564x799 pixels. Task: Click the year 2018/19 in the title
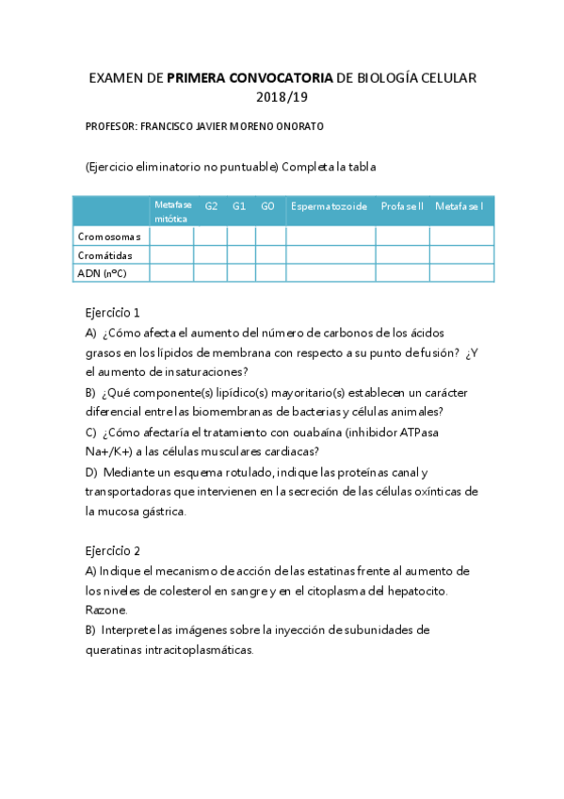point(282,96)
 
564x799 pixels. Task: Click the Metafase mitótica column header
point(172,211)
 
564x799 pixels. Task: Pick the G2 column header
point(211,205)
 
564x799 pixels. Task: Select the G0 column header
point(270,205)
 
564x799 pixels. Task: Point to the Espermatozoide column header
point(330,205)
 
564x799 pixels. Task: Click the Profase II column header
point(402,205)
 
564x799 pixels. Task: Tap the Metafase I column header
point(460,205)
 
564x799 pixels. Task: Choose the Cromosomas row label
point(110,236)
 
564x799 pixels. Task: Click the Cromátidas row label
point(106,255)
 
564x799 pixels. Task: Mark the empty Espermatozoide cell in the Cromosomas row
point(330,236)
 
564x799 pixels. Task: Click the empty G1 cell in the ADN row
point(241,273)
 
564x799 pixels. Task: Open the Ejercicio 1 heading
point(112,313)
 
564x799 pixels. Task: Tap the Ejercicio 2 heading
point(112,550)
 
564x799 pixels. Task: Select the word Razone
point(105,610)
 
